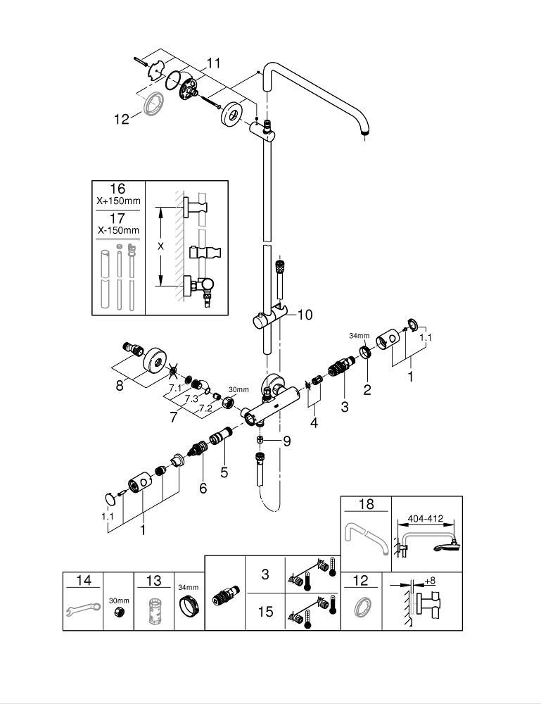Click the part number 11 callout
point(213,63)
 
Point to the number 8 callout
point(120,385)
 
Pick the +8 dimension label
point(430,582)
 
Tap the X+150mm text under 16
point(117,201)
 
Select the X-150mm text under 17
point(117,230)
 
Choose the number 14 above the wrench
point(84,581)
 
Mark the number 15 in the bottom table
point(265,612)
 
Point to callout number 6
point(203,486)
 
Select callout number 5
point(224,472)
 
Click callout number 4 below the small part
point(314,423)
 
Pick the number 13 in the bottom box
point(153,581)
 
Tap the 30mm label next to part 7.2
point(238,389)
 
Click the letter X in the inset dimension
point(160,246)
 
